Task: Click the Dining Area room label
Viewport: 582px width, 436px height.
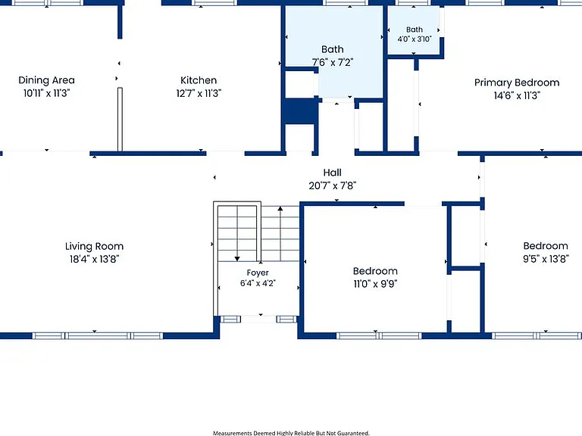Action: (46, 80)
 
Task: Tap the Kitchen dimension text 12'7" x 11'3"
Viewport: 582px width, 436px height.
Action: (199, 93)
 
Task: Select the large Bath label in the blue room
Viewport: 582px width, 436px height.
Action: (333, 49)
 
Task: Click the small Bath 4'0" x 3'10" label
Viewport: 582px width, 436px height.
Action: (415, 34)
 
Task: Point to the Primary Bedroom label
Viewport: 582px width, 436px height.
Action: (517, 83)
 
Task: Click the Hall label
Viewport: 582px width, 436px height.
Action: (332, 173)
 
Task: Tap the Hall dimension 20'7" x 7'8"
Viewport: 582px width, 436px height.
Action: (332, 185)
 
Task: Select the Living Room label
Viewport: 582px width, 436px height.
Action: (94, 246)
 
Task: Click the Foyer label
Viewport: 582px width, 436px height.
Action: (258, 272)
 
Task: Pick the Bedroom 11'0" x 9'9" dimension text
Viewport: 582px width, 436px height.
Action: (375, 284)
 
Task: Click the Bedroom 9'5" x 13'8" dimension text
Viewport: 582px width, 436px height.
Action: (546, 259)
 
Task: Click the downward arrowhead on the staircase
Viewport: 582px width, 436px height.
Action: (237, 259)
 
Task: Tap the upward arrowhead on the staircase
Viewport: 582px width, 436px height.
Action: (280, 209)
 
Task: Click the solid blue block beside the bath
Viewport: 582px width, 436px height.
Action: (301, 111)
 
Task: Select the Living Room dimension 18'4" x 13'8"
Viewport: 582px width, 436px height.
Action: (94, 259)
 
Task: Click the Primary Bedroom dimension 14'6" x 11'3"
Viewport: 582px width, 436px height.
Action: (517, 95)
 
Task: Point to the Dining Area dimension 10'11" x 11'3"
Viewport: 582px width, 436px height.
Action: (46, 93)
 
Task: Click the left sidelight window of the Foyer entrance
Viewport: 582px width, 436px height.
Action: (230, 319)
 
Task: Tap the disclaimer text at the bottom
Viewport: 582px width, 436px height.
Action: (291, 433)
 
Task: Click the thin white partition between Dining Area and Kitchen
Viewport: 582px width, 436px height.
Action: (120, 120)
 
